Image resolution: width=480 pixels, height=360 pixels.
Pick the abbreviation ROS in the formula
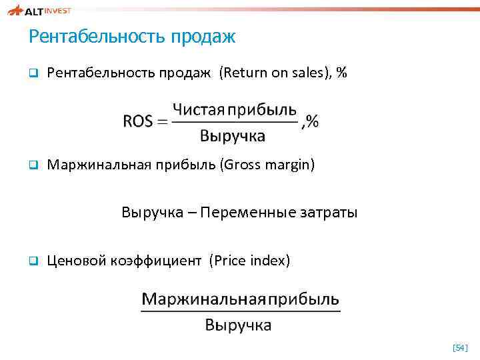point(138,121)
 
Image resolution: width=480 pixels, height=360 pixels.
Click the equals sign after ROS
point(162,121)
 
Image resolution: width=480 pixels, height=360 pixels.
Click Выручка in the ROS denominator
point(233,136)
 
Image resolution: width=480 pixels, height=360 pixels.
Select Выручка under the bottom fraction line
point(238,325)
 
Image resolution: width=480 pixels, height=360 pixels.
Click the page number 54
point(460,347)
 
